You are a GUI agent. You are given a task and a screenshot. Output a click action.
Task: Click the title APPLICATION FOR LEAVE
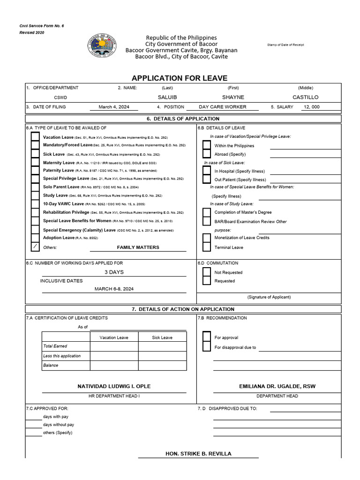[x=179, y=78]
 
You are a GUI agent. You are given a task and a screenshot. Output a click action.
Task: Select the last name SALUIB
[x=167, y=97]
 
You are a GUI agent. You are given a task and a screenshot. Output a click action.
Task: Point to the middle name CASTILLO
[x=305, y=97]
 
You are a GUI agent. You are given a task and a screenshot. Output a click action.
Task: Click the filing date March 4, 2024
[x=114, y=107]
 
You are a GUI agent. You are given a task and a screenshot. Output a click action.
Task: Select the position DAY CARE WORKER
[x=222, y=107]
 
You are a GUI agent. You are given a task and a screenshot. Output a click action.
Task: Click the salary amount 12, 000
[x=311, y=107]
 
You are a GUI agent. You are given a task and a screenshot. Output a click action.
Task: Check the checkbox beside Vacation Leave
[x=35, y=137]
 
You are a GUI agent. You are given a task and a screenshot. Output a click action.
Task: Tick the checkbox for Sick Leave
[x=35, y=154]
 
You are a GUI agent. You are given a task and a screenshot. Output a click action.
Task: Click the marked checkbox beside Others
[x=35, y=247]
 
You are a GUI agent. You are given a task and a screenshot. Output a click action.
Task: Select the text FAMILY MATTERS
[x=138, y=247]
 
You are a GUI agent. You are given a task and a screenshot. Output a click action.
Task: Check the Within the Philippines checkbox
[x=207, y=146]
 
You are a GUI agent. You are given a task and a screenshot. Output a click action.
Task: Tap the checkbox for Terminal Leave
[x=207, y=247]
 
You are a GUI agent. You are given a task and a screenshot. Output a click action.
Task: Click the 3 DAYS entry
[x=114, y=272]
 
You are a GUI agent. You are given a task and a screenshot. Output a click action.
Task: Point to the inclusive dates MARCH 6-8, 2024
[x=114, y=289]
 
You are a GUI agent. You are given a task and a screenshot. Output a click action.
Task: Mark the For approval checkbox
[x=207, y=337]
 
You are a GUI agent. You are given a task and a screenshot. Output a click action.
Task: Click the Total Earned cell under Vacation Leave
[x=114, y=346]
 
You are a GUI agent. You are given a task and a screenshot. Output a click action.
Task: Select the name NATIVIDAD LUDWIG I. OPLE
[x=114, y=386]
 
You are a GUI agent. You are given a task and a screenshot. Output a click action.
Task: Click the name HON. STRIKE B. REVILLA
[x=198, y=454]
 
